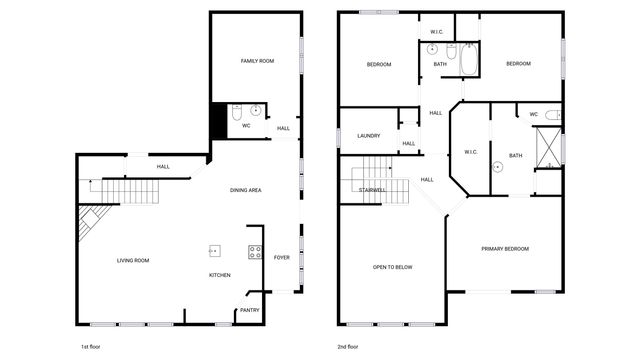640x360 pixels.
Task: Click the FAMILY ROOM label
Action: pyautogui.click(x=257, y=61)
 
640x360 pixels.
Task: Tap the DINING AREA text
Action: pyautogui.click(x=246, y=190)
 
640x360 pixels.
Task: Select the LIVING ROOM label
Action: pyautogui.click(x=133, y=260)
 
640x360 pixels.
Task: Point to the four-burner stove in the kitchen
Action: pyautogui.click(x=255, y=252)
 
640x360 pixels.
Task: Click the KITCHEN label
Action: pyautogui.click(x=220, y=275)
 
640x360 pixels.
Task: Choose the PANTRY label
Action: pyautogui.click(x=249, y=310)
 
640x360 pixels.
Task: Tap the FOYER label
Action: pyautogui.click(x=282, y=257)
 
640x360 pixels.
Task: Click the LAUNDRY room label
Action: pyautogui.click(x=368, y=135)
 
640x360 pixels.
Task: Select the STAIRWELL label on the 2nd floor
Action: pyautogui.click(x=373, y=189)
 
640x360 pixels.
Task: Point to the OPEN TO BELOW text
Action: pyautogui.click(x=393, y=267)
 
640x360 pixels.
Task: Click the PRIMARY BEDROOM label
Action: pyautogui.click(x=505, y=248)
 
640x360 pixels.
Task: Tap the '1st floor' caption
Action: pyautogui.click(x=90, y=346)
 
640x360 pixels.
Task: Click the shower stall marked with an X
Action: pyautogui.click(x=548, y=147)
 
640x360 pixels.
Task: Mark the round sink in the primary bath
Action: pyautogui.click(x=497, y=168)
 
